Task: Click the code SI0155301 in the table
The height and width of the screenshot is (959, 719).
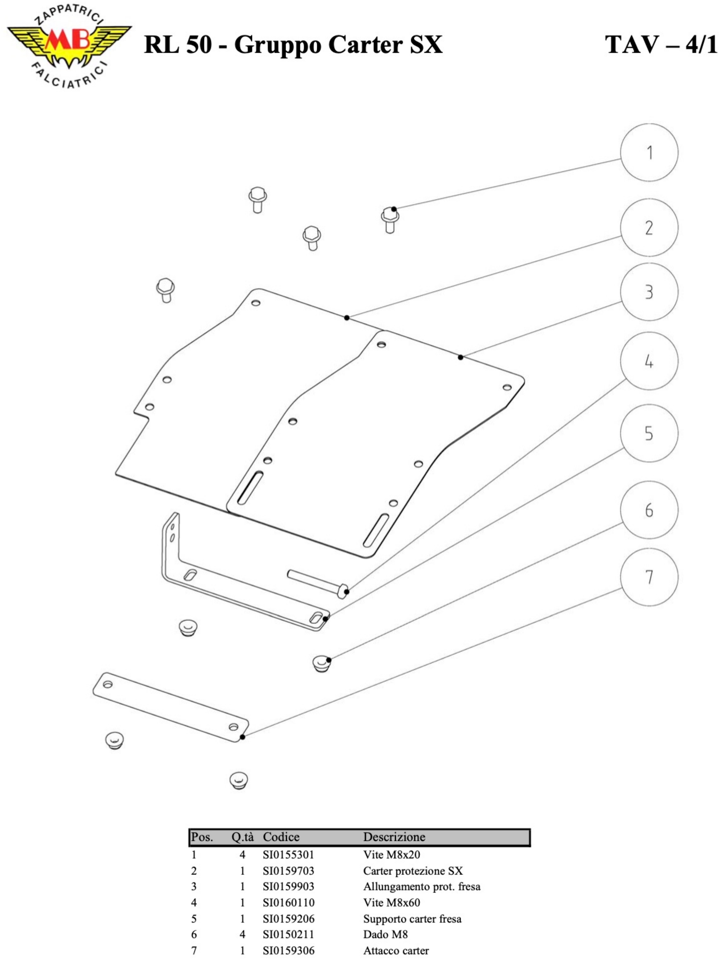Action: (x=288, y=854)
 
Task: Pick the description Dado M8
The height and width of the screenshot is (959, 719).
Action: (x=385, y=934)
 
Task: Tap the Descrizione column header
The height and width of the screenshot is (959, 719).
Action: (x=394, y=837)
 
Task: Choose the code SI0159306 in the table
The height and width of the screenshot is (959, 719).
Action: (x=288, y=950)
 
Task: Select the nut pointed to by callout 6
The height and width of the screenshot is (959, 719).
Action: (x=321, y=663)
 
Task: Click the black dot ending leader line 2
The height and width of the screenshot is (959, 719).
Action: (x=347, y=318)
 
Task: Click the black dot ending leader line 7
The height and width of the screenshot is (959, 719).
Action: (x=242, y=737)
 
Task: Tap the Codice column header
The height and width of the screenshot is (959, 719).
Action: (x=281, y=837)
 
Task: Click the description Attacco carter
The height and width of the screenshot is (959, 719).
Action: (x=395, y=950)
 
